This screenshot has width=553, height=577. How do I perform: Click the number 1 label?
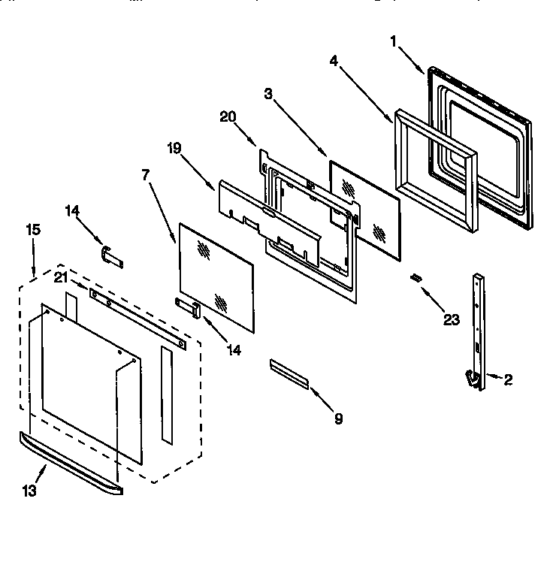(x=393, y=41)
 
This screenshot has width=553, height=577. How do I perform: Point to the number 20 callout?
(x=228, y=116)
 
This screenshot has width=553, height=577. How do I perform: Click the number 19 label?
(x=174, y=148)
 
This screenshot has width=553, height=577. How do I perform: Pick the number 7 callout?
(x=145, y=174)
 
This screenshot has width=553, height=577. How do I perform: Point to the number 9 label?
(x=338, y=419)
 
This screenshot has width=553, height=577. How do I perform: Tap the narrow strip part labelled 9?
(x=289, y=373)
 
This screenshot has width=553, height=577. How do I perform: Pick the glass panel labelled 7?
(x=215, y=275)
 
